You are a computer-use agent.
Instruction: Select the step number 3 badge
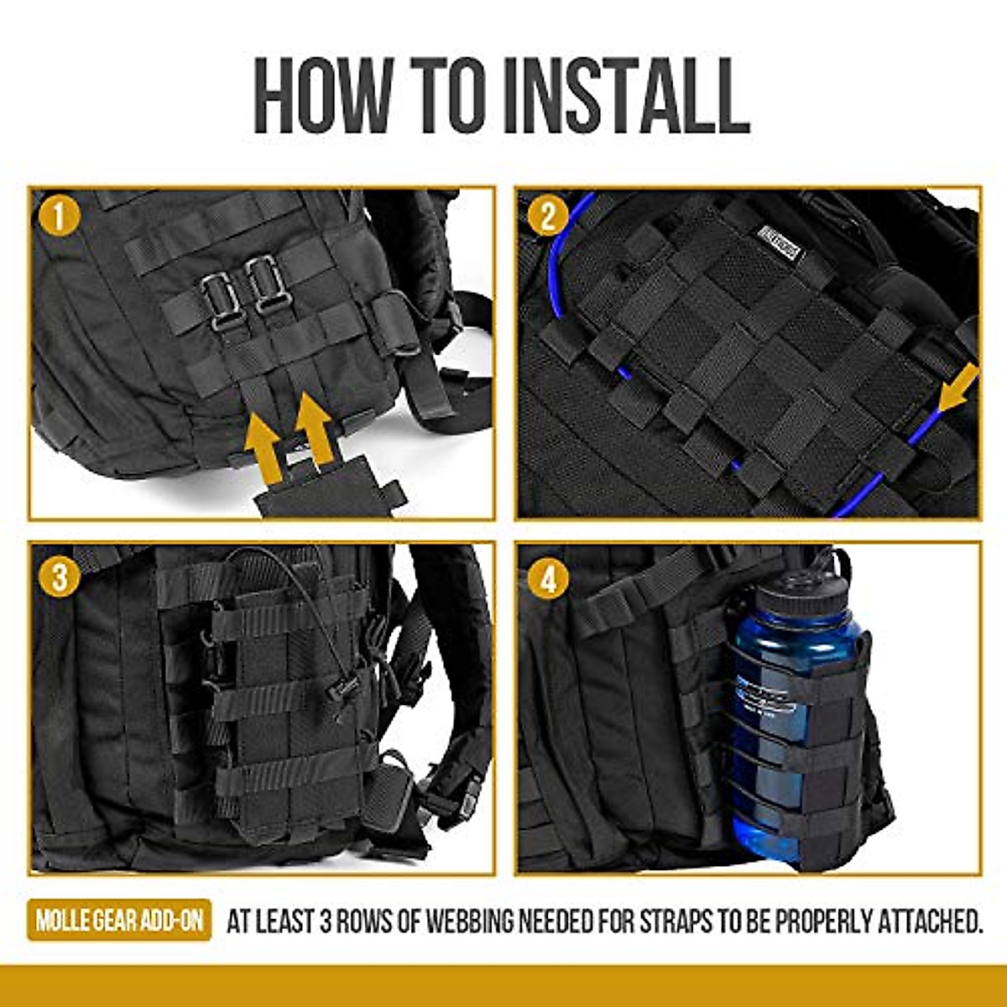click(58, 577)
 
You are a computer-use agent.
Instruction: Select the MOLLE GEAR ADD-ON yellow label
click(118, 921)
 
